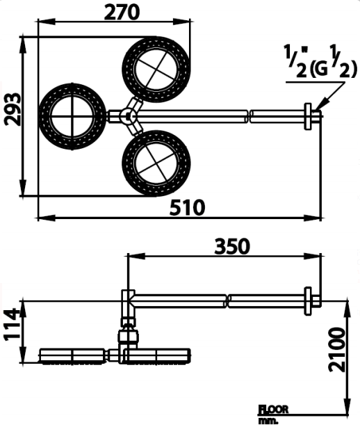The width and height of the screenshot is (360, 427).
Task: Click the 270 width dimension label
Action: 122,12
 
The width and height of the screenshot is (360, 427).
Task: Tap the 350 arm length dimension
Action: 232,246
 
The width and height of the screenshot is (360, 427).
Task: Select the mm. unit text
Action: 268,420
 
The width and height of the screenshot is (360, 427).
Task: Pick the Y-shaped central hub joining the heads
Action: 129,115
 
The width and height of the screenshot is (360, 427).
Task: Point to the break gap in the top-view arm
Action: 250,115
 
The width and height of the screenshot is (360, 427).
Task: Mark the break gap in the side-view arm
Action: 227,301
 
